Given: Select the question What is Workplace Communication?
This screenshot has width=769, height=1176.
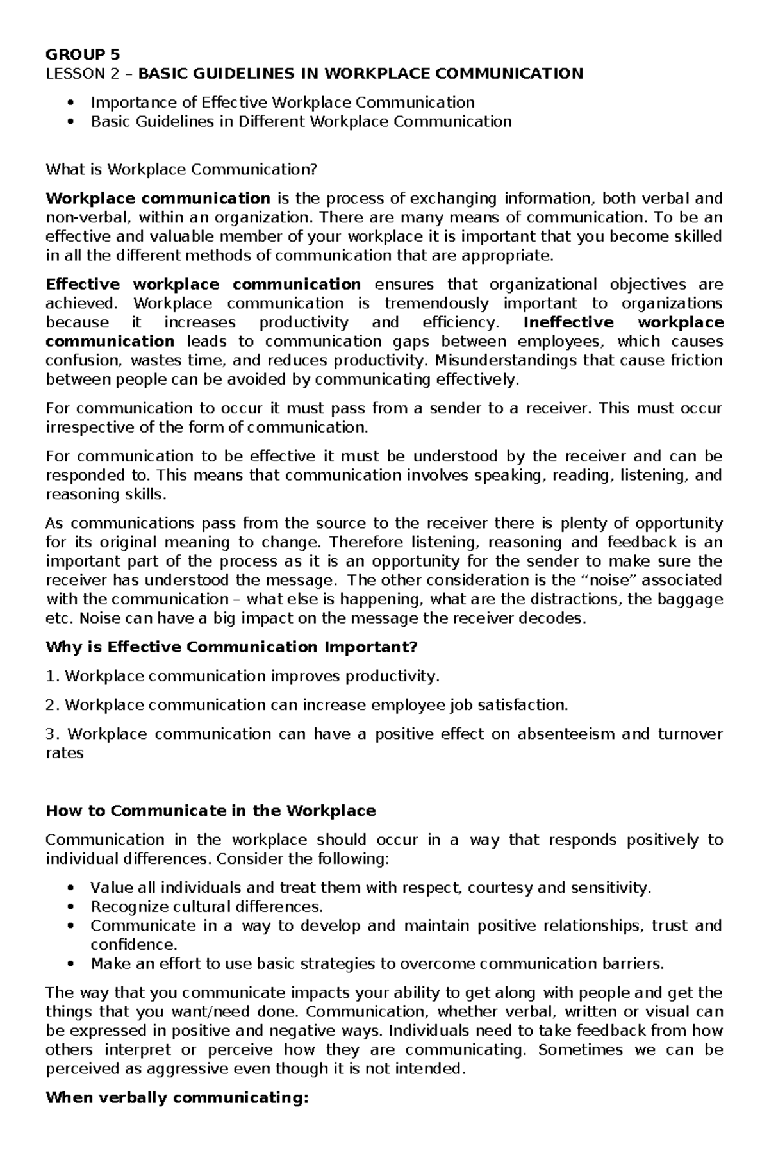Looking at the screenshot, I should coord(181,170).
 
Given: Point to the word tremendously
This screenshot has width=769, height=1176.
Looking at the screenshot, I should coord(436,303).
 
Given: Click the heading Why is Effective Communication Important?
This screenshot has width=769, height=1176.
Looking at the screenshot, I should coord(231,647).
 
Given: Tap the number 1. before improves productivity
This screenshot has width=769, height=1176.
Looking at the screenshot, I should coord(53,676).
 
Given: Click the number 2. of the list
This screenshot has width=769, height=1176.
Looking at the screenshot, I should coord(53,705).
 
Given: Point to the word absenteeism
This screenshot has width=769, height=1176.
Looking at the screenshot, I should coord(564,734).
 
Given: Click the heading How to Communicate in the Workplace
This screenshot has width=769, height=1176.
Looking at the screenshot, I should coord(211,811).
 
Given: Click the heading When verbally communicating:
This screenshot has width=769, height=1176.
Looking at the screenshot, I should coord(178,1098).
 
